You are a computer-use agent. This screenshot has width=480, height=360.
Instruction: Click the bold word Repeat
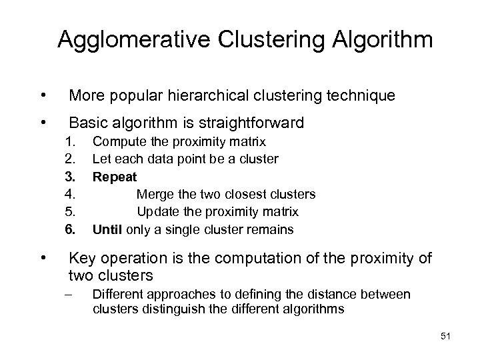115,177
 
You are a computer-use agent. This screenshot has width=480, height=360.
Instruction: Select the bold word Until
107,229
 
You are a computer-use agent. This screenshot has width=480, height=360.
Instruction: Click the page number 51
446,337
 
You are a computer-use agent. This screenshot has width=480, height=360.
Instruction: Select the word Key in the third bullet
81,258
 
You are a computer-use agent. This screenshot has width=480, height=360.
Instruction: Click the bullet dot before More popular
43,96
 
